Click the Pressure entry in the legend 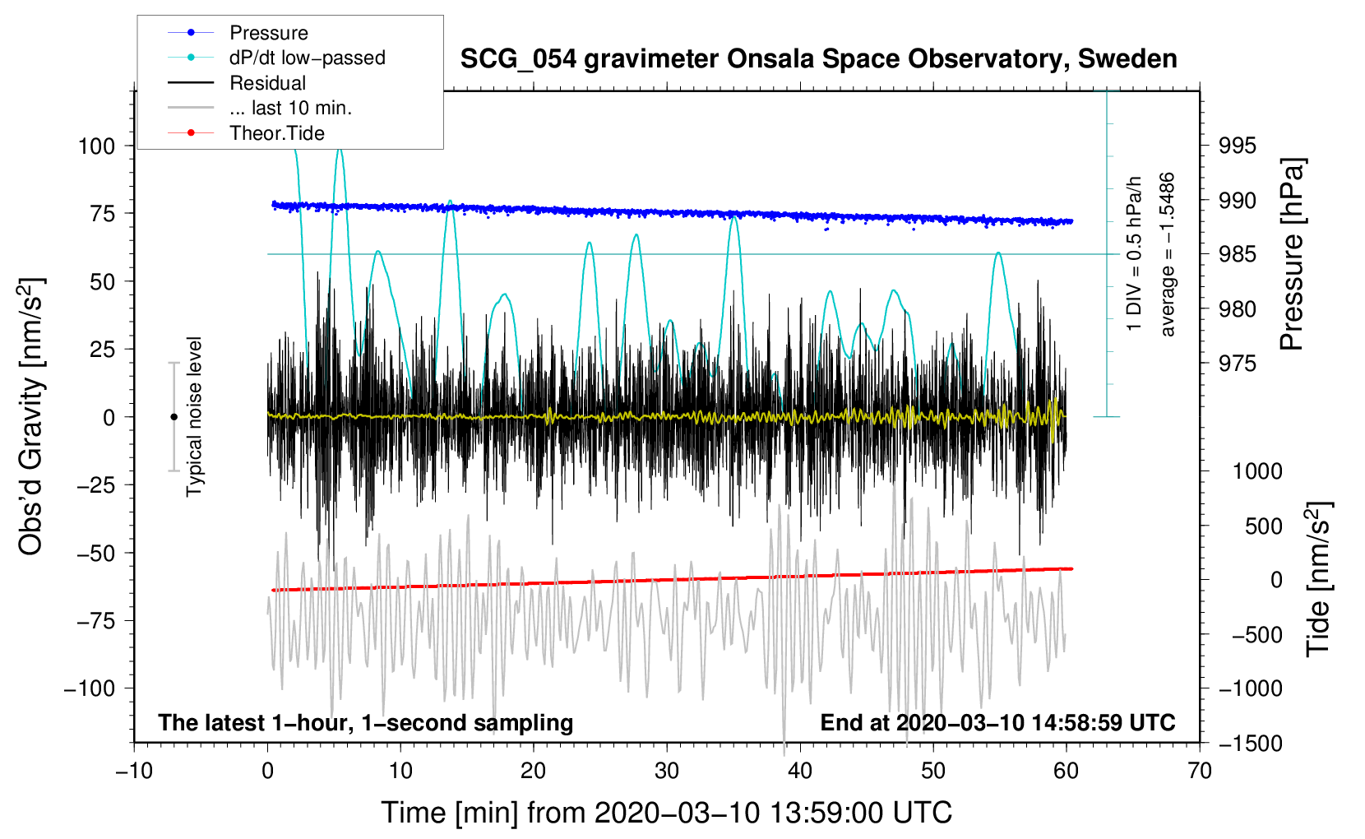coord(268,33)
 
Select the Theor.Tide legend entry coord(276,133)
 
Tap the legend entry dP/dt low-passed coord(307,58)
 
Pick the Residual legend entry coord(267,83)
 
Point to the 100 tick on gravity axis coord(96,146)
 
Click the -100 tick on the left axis coord(90,688)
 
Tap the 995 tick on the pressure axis coord(1238,146)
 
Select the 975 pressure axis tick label coord(1238,364)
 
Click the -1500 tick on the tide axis coord(1250,744)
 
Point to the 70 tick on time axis coord(1200,771)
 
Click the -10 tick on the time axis coord(134,771)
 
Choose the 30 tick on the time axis coord(667,771)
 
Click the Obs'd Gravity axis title coord(31,417)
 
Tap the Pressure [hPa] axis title coord(1292,255)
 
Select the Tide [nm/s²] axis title coord(1318,580)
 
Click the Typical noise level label coord(194,417)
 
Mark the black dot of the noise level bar coord(174,417)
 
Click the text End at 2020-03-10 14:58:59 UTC coord(997,723)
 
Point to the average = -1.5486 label coord(1168,255)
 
